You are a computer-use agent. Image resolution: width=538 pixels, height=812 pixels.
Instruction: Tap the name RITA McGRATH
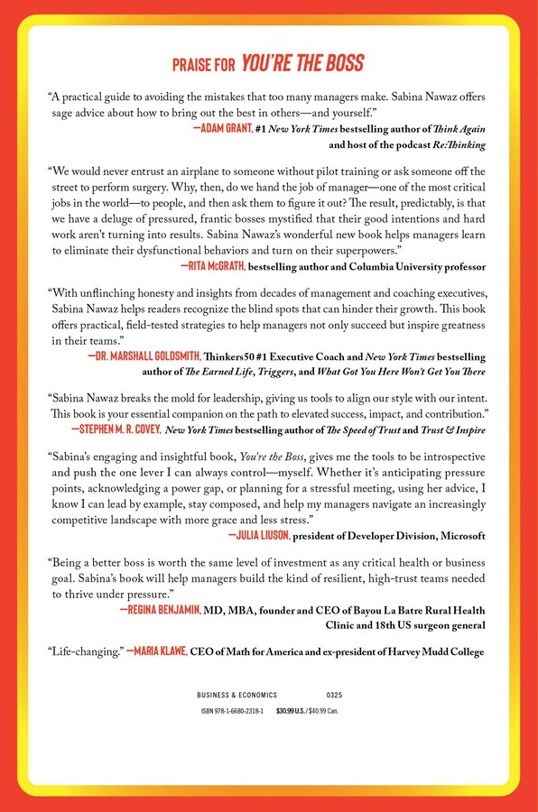click(x=213, y=266)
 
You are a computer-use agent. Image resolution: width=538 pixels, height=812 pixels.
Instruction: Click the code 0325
click(x=333, y=696)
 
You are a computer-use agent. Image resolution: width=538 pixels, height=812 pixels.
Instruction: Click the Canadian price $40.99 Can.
click(x=324, y=712)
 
